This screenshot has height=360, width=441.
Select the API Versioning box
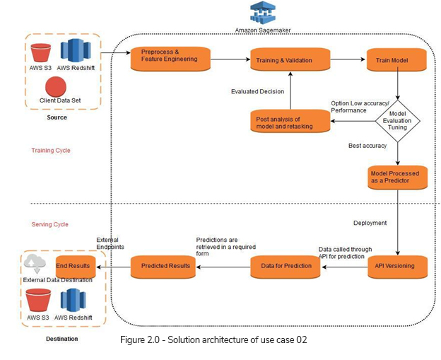click(398, 266)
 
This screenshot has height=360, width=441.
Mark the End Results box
click(74, 266)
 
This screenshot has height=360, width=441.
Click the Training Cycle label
click(51, 151)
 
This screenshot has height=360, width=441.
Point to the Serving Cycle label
click(50, 224)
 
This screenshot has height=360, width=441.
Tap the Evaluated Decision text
click(257, 91)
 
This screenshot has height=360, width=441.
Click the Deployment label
click(370, 223)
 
